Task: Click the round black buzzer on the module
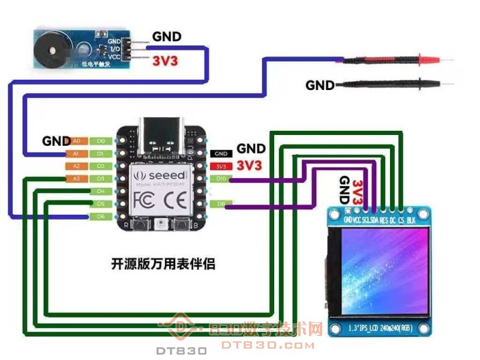(48, 50)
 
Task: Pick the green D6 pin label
(101, 216)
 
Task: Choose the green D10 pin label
(221, 179)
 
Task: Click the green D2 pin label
(101, 166)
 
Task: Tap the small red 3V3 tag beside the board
(221, 166)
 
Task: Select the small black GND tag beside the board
(221, 154)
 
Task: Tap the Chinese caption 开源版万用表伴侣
(163, 263)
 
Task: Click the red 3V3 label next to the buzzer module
(166, 61)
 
